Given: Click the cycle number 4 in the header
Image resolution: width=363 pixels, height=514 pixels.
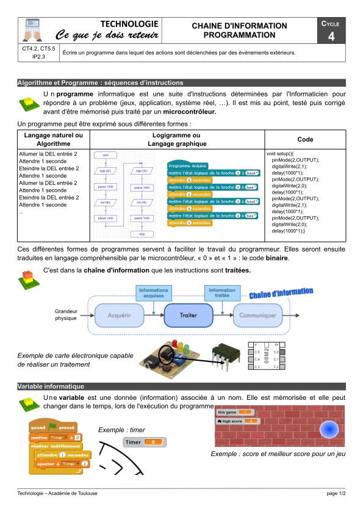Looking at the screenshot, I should [331, 36].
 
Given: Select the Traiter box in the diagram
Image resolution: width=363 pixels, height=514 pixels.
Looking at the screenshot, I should [189, 316].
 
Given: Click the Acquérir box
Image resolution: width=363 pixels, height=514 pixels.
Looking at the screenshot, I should [120, 316].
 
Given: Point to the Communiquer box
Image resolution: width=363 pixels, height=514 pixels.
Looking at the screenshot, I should [257, 316].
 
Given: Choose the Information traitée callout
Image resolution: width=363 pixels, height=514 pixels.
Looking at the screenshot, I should [221, 292].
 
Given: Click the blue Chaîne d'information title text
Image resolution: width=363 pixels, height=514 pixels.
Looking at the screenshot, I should [281, 294].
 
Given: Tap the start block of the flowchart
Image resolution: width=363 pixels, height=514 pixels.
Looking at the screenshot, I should [106, 156].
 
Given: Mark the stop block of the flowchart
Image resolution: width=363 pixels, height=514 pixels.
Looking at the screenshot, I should [142, 234].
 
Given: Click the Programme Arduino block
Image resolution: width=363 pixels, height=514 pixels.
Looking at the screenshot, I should [187, 165].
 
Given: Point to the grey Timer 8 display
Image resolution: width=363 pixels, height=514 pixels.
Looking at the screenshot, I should [145, 441].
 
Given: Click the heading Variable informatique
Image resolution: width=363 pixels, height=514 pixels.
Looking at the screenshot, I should [51, 386].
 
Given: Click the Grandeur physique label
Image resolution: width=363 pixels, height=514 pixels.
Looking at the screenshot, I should [66, 314].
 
